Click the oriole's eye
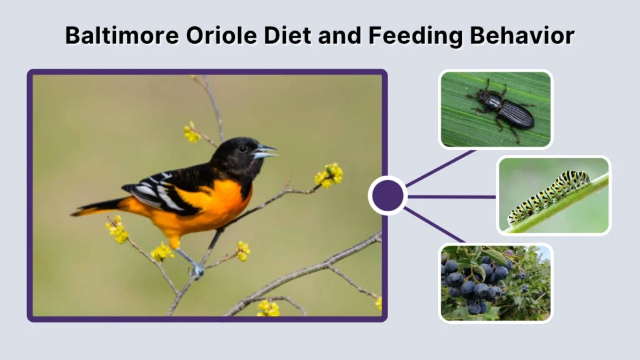(x=242, y=149)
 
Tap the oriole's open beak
(x=266, y=151)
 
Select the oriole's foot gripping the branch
(x=197, y=270)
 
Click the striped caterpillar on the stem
(x=549, y=195)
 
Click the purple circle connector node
(x=387, y=196)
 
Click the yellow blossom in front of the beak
(x=329, y=176)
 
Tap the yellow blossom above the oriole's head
(x=191, y=132)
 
